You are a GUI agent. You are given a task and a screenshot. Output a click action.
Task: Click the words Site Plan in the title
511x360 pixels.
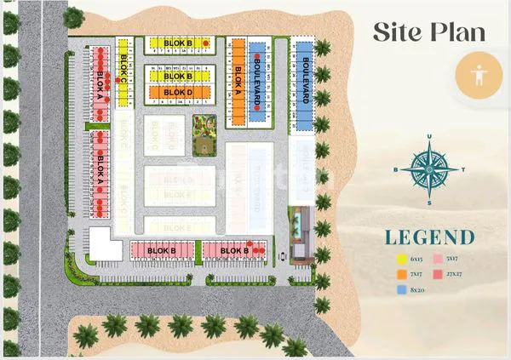(428, 31)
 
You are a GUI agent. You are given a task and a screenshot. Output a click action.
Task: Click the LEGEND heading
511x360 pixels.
(428, 237)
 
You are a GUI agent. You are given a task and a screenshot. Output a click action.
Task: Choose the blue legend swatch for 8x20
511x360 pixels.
(401, 290)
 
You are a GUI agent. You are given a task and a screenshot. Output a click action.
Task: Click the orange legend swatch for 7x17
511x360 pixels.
(401, 273)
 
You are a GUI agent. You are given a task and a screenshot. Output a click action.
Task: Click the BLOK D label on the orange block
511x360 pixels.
(178, 92)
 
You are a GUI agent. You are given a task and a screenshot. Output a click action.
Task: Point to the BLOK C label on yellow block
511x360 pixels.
(124, 66)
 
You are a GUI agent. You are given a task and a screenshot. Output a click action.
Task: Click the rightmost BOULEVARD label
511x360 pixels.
(305, 78)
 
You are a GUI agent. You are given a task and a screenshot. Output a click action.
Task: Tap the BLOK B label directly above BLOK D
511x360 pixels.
(178, 71)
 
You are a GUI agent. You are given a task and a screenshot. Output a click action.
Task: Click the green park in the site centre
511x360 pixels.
(204, 134)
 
